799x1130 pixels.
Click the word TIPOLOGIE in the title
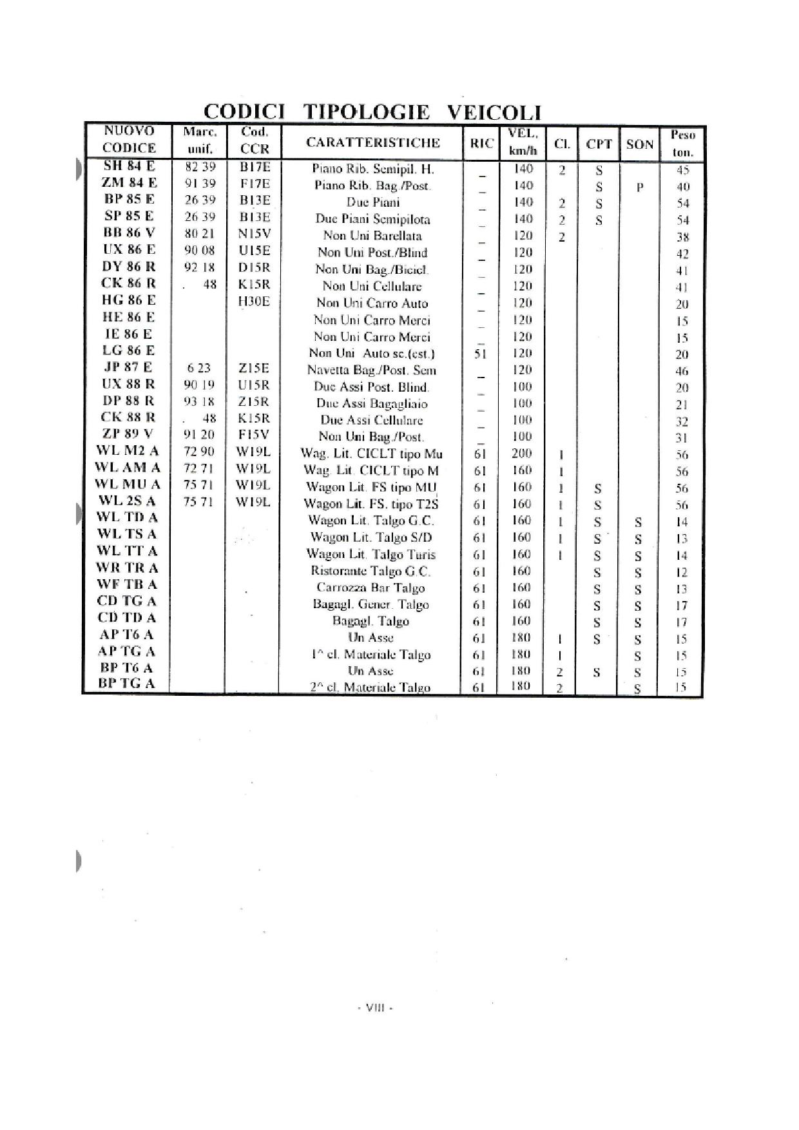tap(366, 112)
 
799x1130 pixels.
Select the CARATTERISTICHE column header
tap(372, 143)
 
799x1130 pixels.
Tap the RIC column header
tap(481, 144)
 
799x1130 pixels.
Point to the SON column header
tap(639, 144)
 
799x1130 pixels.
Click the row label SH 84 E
tap(130, 166)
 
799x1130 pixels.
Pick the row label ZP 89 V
tap(129, 434)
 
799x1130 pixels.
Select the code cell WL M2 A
tap(128, 450)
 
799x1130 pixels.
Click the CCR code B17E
tap(255, 167)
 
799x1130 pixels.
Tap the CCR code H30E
tap(254, 301)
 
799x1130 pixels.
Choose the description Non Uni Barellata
tap(372, 236)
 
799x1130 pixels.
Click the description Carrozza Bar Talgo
tap(371, 588)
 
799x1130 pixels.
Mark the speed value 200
tap(522, 454)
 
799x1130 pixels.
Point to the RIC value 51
tap(479, 354)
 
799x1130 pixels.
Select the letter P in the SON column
tap(639, 187)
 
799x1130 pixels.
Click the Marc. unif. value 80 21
tap(199, 233)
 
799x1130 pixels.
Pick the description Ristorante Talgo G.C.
tap(371, 571)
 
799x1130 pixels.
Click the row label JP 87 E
tap(128, 367)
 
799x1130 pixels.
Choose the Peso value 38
tap(682, 237)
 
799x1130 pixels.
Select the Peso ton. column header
tap(682, 144)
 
